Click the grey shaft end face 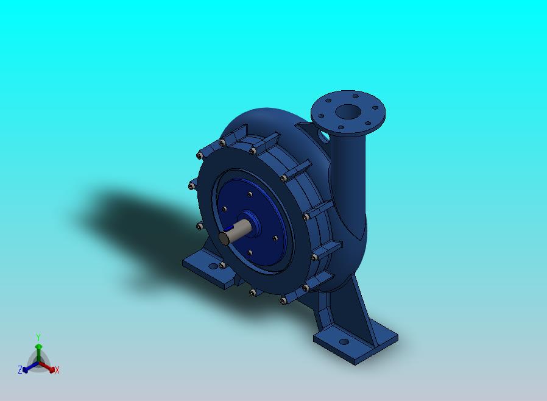224,238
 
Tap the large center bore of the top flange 348,112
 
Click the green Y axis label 38,337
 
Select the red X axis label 57,370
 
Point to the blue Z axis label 20,369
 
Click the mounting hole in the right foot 344,342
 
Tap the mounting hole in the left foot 213,266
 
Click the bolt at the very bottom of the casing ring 283,301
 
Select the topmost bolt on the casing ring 222,143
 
